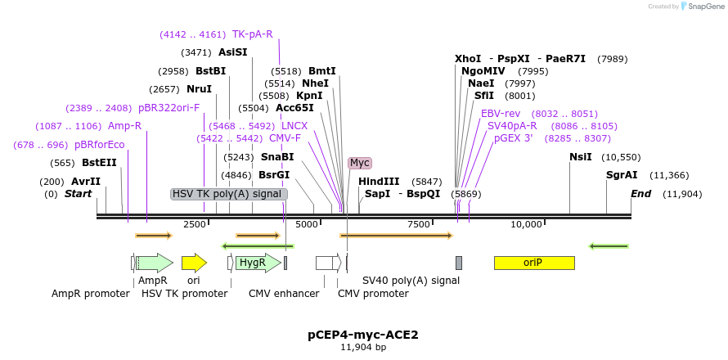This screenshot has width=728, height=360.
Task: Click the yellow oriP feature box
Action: click(534, 263)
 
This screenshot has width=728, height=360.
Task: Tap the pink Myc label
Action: click(360, 163)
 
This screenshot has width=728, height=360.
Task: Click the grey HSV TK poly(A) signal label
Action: click(229, 194)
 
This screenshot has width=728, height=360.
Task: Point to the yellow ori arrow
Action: click(194, 263)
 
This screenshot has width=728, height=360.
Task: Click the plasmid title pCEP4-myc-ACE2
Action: click(363, 335)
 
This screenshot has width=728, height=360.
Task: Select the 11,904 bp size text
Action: click(363, 348)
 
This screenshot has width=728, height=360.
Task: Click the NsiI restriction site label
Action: click(581, 157)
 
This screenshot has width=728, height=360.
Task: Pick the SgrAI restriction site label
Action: click(622, 175)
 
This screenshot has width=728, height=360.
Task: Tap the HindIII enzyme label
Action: click(379, 182)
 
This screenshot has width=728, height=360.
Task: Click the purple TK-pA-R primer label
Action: click(253, 34)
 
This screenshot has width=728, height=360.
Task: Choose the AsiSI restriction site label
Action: click(232, 52)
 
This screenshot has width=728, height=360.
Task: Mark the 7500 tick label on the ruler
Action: click(418, 224)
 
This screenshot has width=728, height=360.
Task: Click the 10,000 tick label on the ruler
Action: click(526, 224)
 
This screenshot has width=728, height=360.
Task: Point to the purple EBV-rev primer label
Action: click(501, 114)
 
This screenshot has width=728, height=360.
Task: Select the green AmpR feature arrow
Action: click(154, 263)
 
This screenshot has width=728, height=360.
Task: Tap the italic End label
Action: click(640, 194)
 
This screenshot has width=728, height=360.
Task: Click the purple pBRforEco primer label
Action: click(100, 145)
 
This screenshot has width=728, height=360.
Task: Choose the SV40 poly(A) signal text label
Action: click(411, 281)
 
